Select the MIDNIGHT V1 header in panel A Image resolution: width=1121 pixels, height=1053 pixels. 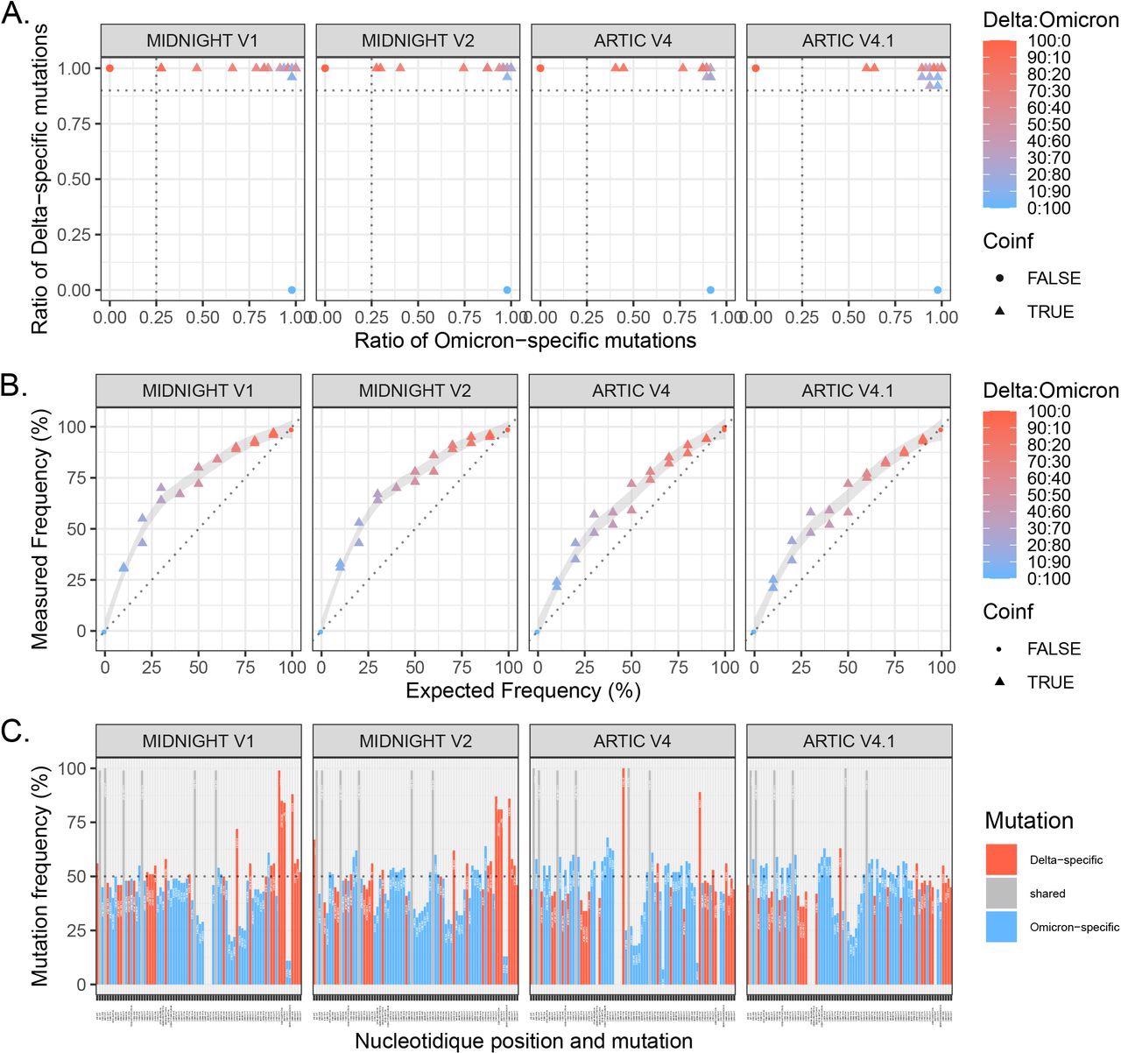202,41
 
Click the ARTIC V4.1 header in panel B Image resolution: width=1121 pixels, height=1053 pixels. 847,391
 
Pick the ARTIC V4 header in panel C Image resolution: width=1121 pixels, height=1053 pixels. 632,741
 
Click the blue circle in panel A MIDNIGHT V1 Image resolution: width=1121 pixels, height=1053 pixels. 292,290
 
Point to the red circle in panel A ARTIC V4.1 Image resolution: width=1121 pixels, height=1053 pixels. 755,67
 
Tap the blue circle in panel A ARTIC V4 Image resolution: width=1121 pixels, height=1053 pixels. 710,290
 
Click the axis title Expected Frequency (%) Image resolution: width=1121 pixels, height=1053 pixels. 523,690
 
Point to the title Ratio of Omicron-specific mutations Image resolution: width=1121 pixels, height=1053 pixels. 525,340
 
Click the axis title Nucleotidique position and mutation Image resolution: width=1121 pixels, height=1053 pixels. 524,1041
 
